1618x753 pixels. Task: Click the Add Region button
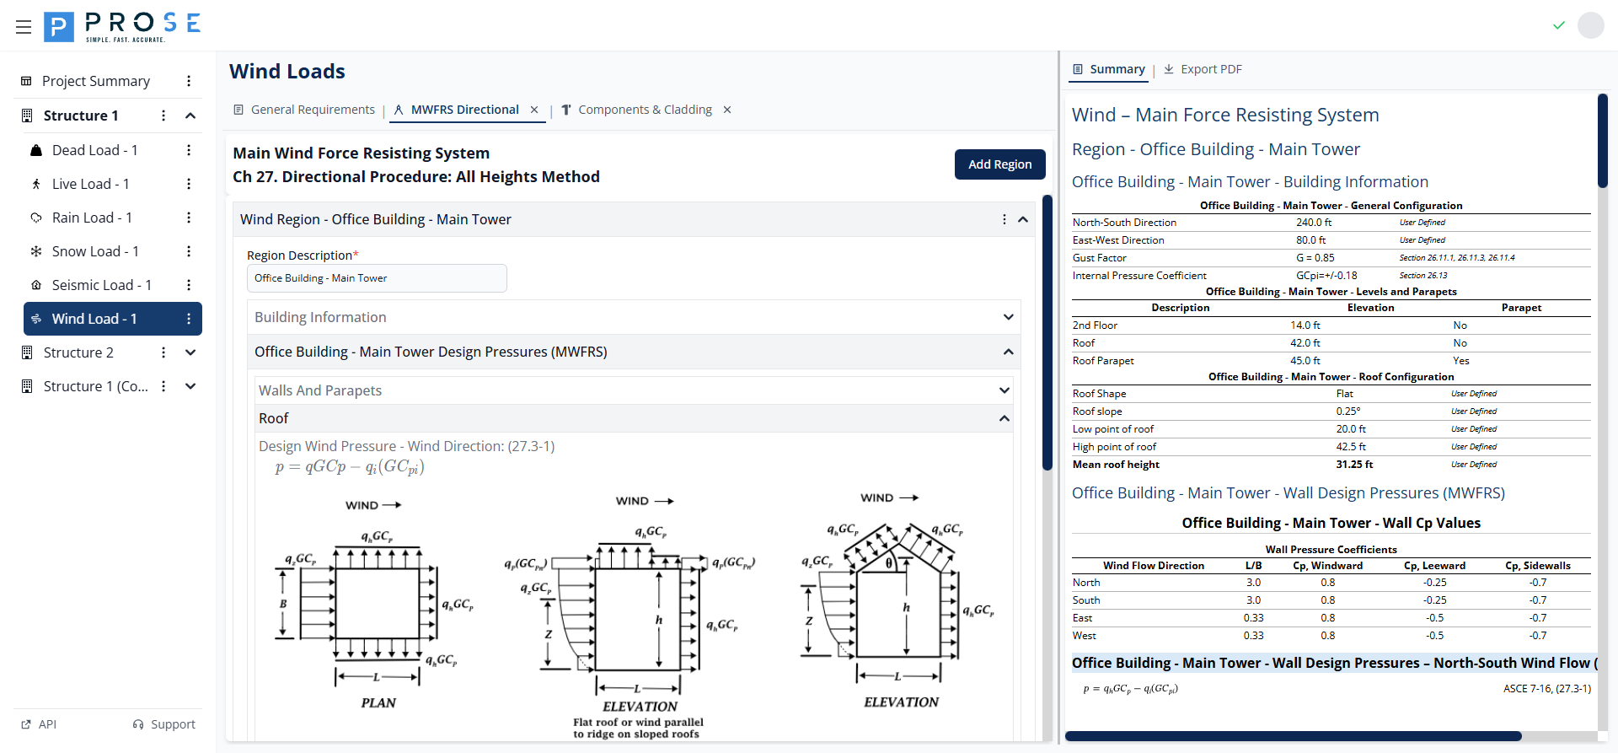tap(999, 164)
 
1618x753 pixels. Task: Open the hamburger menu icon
tap(24, 27)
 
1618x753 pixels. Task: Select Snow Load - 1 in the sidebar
tap(94, 251)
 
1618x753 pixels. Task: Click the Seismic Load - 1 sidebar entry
tap(101, 285)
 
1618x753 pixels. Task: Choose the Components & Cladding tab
tap(645, 110)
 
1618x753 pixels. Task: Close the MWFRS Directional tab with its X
tap(534, 110)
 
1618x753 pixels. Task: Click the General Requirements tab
tap(312, 110)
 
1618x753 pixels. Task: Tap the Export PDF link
tap(1210, 69)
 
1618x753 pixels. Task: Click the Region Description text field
tap(377, 278)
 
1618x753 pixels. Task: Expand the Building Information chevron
tap(1008, 317)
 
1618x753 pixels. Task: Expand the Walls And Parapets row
tap(1004, 390)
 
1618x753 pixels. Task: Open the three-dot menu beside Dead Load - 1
tap(189, 150)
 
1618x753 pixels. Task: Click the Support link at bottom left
tap(164, 724)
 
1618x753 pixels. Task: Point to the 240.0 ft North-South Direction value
tap(1314, 223)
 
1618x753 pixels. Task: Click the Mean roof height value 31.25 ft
tap(1353, 465)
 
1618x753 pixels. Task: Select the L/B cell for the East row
tap(1253, 618)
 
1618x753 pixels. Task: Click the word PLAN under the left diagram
tap(378, 702)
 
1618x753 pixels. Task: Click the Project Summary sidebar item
tap(95, 81)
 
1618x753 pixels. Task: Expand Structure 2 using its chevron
tap(190, 352)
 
